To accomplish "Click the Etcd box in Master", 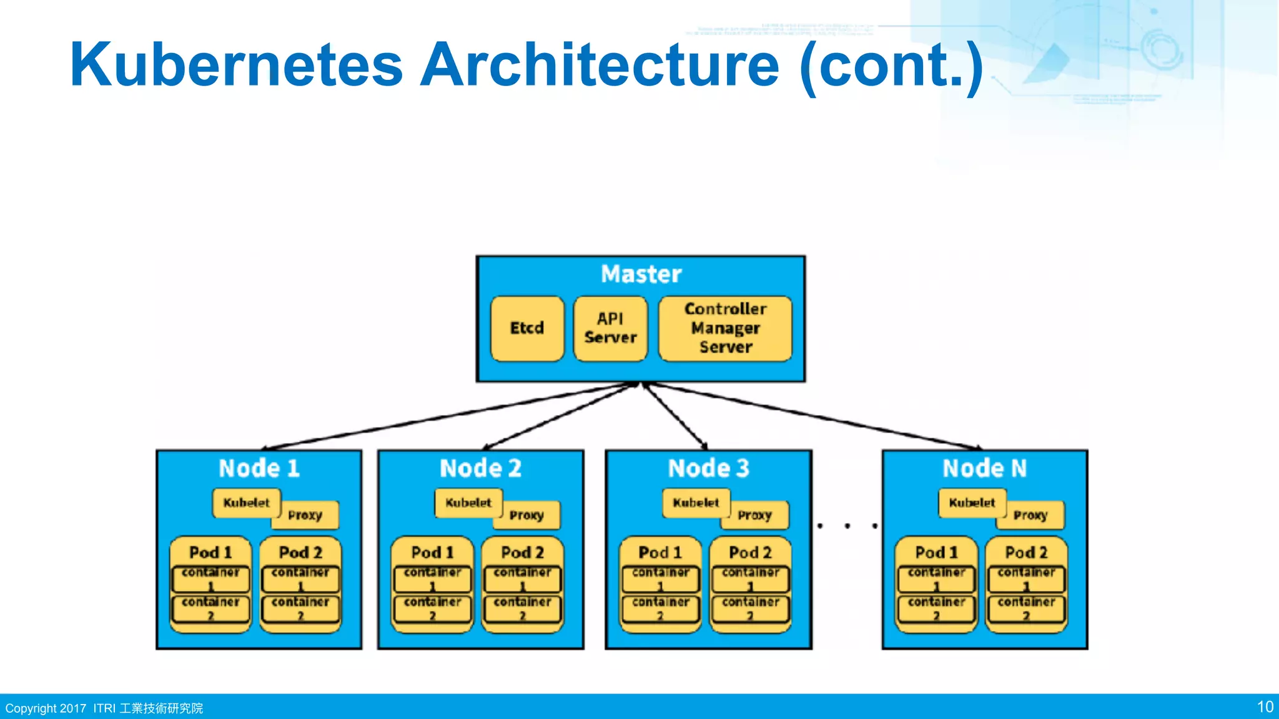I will pos(527,328).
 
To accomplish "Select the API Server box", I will pos(610,328).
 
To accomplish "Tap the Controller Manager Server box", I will pos(725,328).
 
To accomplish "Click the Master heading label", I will pos(641,275).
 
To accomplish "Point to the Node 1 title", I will pos(259,468).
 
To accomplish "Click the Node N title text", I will pos(984,468).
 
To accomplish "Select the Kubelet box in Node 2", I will pos(468,502).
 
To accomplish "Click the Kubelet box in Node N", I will pos(972,502).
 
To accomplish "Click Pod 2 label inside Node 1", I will pos(300,552).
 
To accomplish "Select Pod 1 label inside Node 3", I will pos(660,552).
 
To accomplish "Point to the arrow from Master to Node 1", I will pos(450,416).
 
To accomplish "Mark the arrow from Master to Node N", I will pos(812,416).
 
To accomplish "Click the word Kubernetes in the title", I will pos(236,65).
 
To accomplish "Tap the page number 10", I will pos(1265,707).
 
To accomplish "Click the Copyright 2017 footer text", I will pos(46,708).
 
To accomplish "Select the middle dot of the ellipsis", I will pos(847,526).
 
